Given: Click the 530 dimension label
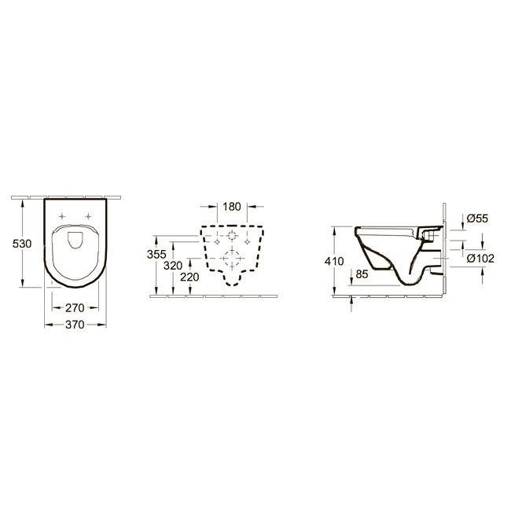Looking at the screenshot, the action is (22, 244).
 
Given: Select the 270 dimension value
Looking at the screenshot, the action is (75, 307).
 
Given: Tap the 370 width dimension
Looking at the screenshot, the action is (75, 325).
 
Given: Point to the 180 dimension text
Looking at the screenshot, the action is (232, 207).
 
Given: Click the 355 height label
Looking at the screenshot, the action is (156, 254).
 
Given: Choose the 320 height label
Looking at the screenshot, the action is (173, 266).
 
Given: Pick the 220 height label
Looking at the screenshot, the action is (189, 278).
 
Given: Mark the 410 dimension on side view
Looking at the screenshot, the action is (334, 261).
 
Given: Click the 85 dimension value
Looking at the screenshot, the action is (362, 274).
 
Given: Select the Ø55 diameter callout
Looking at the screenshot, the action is (477, 219).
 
